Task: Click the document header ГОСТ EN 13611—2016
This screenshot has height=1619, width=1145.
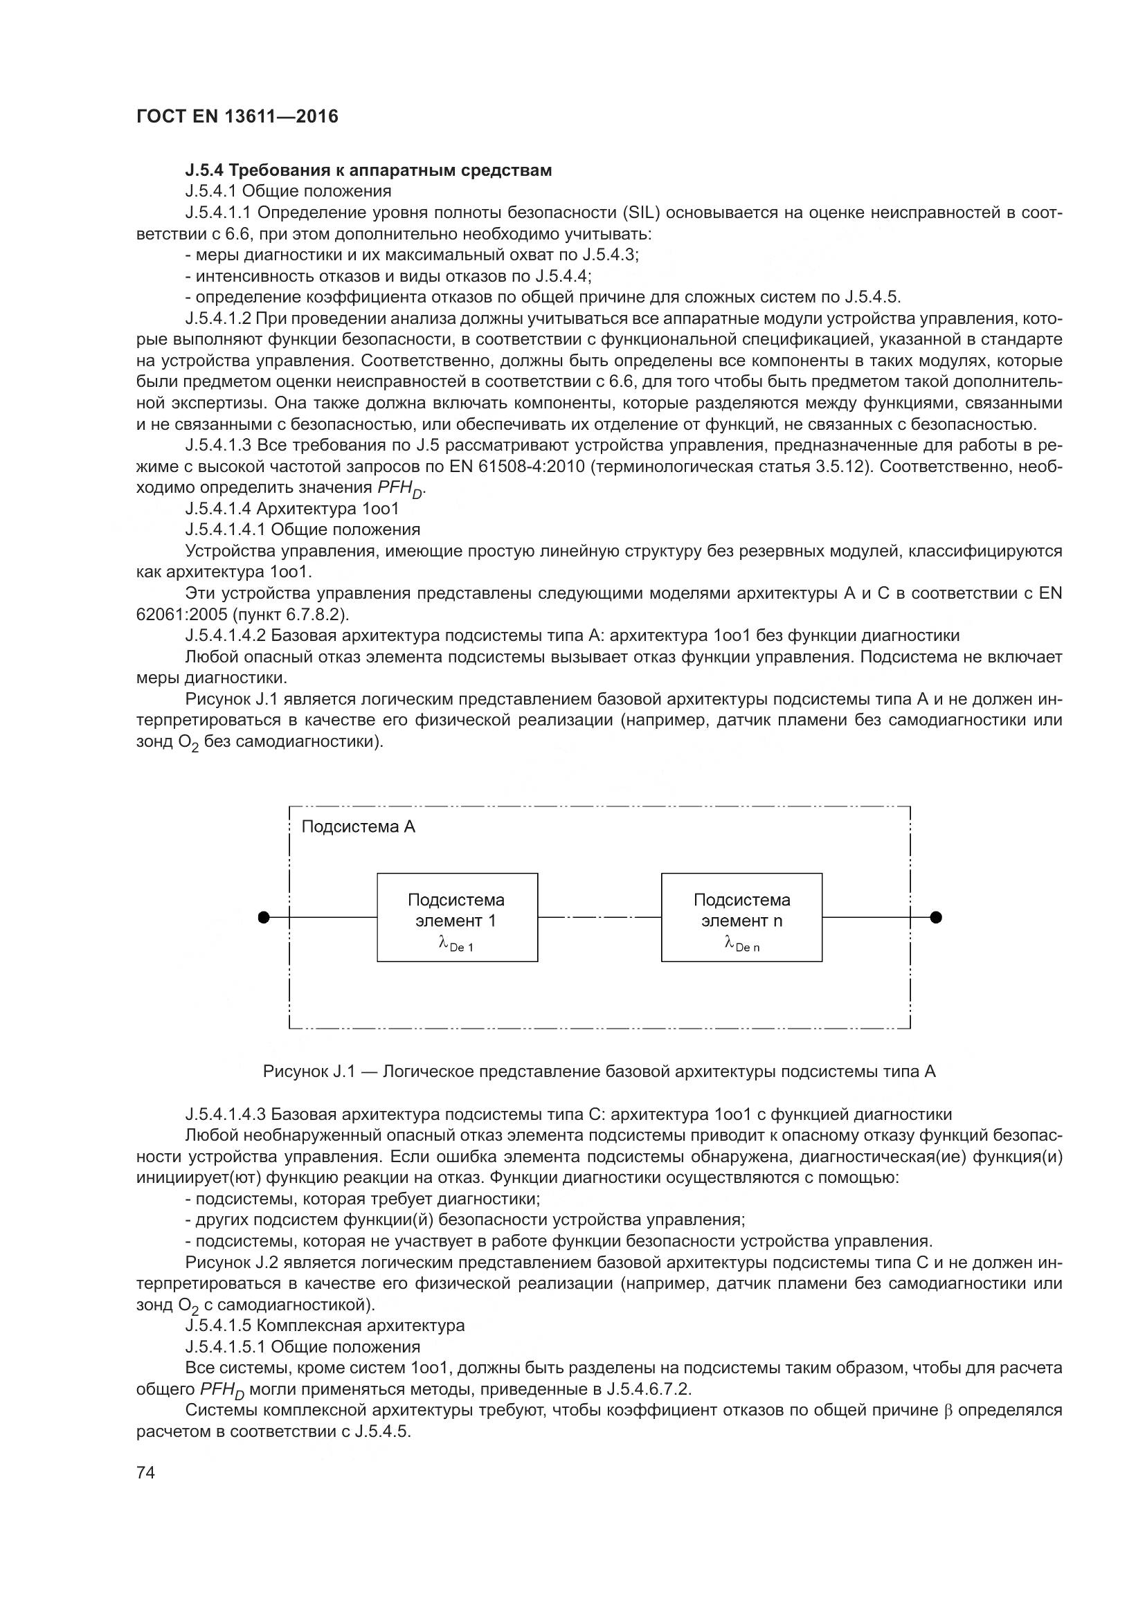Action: [x=237, y=116]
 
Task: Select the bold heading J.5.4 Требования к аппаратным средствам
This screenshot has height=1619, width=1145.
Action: [x=368, y=170]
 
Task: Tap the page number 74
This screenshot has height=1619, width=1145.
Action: [x=145, y=1472]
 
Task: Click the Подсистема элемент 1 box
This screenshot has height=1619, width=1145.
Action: [x=457, y=917]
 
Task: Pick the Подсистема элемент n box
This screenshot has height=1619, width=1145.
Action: [x=741, y=917]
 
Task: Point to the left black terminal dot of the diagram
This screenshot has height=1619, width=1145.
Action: [x=264, y=917]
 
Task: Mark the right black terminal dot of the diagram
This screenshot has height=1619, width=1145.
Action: [x=936, y=917]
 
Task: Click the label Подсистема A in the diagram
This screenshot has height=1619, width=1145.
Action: [x=358, y=827]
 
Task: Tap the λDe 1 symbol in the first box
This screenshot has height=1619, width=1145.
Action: [x=456, y=943]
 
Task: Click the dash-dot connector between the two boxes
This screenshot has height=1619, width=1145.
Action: [x=599, y=917]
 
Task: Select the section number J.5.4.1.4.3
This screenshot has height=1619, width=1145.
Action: [x=226, y=1115]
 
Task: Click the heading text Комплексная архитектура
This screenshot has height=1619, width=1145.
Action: [x=360, y=1326]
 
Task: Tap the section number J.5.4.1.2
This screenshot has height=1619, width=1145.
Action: [x=218, y=318]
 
